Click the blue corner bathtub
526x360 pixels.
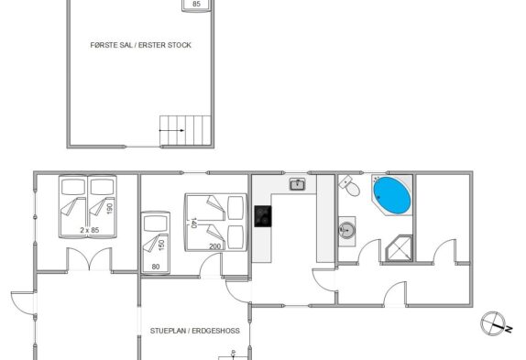click(x=392, y=195)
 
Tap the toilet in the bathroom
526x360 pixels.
click(x=349, y=186)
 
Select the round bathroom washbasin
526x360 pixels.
click(x=346, y=230)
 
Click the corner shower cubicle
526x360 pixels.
click(x=399, y=248)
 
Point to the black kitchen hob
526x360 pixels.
click(x=263, y=216)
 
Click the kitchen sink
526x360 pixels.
click(x=297, y=184)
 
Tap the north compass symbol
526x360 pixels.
click(x=496, y=323)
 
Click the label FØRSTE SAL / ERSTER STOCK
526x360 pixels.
click(x=140, y=45)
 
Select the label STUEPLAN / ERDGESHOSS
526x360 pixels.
click(x=195, y=331)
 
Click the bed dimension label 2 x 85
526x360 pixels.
click(x=90, y=230)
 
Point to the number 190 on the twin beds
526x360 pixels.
click(x=110, y=208)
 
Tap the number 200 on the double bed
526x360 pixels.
click(x=214, y=246)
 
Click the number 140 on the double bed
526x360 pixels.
click(x=193, y=223)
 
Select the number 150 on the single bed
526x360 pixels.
click(x=161, y=245)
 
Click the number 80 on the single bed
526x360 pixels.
click(x=156, y=267)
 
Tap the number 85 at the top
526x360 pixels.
click(x=197, y=4)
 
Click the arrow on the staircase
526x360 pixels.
click(x=171, y=130)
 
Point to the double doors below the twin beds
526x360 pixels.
click(x=89, y=258)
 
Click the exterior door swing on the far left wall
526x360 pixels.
click(x=22, y=303)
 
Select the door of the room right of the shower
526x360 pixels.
click(x=444, y=251)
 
